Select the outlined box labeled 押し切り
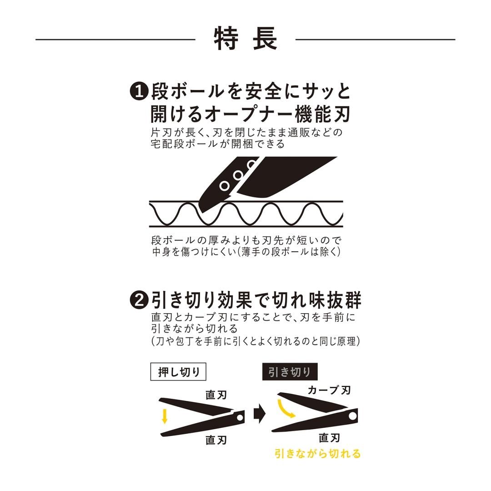(x=178, y=372)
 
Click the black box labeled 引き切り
(x=290, y=372)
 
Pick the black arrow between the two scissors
(x=259, y=415)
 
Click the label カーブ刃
(x=329, y=390)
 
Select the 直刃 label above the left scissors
(x=216, y=394)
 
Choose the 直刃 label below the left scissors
(x=216, y=440)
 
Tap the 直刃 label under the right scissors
(x=330, y=437)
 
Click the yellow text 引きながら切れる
(x=317, y=453)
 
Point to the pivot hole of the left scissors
(x=239, y=416)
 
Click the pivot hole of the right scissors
(x=352, y=416)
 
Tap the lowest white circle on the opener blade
(x=224, y=185)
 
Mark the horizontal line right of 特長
(x=375, y=40)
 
